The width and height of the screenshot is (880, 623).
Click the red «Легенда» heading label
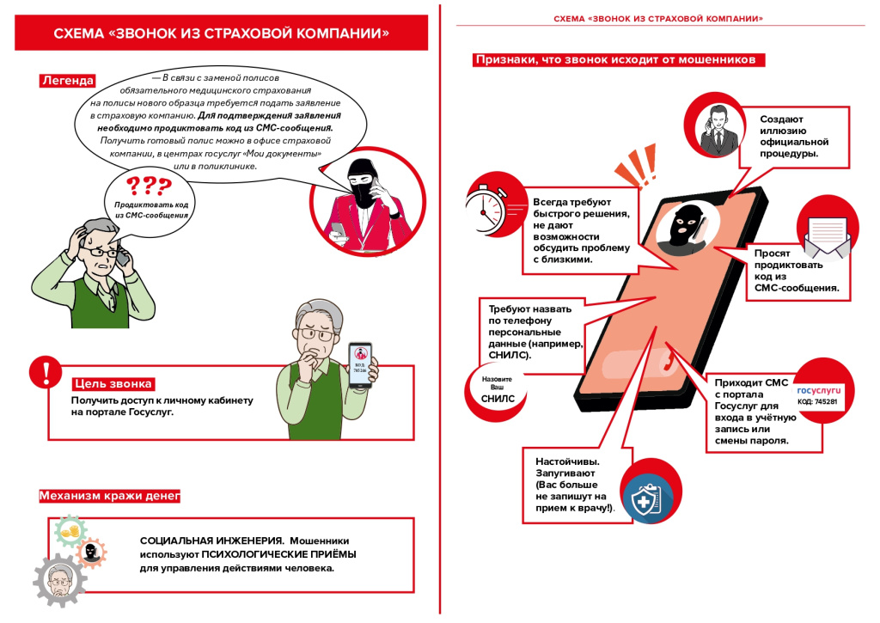67,81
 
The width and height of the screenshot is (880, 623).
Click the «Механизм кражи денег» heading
109,496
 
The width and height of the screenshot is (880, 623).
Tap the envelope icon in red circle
825,231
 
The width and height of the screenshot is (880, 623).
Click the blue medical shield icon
646,498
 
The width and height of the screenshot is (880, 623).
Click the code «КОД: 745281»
817,401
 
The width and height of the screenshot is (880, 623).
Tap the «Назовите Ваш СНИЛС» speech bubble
497,389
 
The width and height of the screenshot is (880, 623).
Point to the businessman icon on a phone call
718,129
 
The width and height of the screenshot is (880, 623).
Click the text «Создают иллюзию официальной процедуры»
793,136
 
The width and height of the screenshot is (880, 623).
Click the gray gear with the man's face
59,584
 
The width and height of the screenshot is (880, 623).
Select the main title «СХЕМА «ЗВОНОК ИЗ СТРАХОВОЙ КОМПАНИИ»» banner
222,34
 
